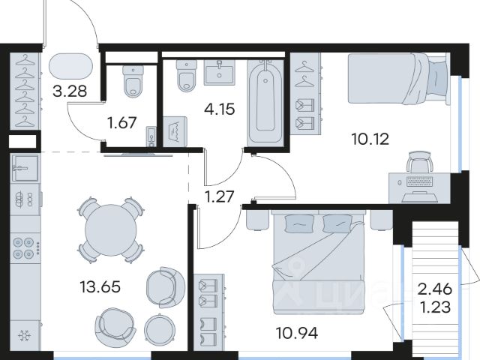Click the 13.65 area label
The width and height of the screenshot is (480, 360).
pyautogui.click(x=100, y=287)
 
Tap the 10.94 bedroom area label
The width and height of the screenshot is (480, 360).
pyautogui.click(x=297, y=333)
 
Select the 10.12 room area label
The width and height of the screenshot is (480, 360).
pyautogui.click(x=370, y=139)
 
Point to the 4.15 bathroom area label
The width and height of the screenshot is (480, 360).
pyautogui.click(x=220, y=109)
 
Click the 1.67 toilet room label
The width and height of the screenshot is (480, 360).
pyautogui.click(x=121, y=123)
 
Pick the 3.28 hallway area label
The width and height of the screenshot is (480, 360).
pyautogui.click(x=70, y=91)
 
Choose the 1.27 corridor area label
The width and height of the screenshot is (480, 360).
pyautogui.click(x=220, y=196)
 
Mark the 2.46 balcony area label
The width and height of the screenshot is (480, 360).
pyautogui.click(x=435, y=289)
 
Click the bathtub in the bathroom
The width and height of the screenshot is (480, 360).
pyautogui.click(x=265, y=102)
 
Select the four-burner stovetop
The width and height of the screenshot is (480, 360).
pyautogui.click(x=23, y=247)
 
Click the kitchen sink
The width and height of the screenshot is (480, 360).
pyautogui.click(x=25, y=168)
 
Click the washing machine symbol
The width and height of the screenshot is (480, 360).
pyautogui.click(x=175, y=132)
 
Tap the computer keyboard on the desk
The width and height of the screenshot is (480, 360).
pyautogui.click(x=419, y=181)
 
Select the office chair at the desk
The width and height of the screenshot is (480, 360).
pyautogui.click(x=420, y=161)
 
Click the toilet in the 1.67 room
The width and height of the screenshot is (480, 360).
pyautogui.click(x=133, y=80)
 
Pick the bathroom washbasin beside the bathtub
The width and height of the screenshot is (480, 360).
pyautogui.click(x=220, y=72)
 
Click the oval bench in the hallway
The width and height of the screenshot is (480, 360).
pyautogui.click(x=70, y=67)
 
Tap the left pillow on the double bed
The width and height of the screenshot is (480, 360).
pyautogui.click(x=299, y=223)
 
